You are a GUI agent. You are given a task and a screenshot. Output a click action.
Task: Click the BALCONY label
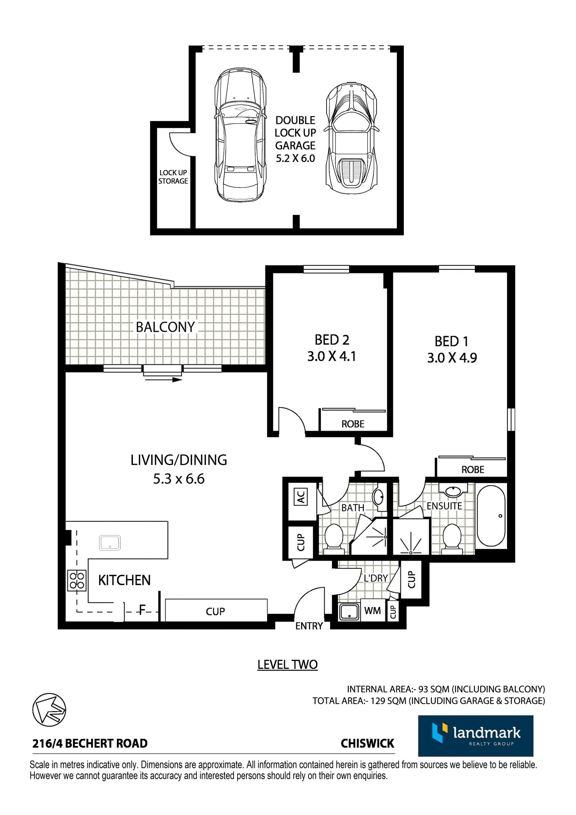(165, 327)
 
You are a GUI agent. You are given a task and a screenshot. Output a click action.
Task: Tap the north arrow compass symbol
(49, 709)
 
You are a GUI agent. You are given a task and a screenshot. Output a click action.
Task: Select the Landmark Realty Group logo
(475, 736)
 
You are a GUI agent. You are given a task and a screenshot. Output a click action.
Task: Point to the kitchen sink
(110, 543)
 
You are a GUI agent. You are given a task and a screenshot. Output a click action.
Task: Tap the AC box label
(301, 497)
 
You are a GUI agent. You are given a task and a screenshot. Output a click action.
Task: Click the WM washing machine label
(373, 611)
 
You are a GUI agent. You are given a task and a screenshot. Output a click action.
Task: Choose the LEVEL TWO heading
(287, 664)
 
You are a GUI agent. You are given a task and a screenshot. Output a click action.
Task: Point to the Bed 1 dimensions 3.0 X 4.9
(452, 358)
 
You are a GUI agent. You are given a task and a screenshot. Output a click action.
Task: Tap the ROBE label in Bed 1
(473, 470)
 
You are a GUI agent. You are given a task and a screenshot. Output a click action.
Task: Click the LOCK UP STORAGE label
(173, 177)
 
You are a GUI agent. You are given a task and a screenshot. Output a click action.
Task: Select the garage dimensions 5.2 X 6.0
(295, 158)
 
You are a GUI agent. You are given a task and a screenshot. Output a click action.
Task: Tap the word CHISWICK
(367, 743)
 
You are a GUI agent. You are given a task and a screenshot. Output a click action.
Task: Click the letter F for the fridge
(142, 610)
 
